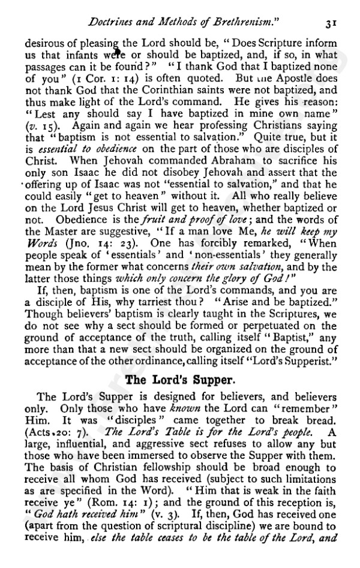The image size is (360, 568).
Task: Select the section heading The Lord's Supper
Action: click(x=180, y=379)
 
